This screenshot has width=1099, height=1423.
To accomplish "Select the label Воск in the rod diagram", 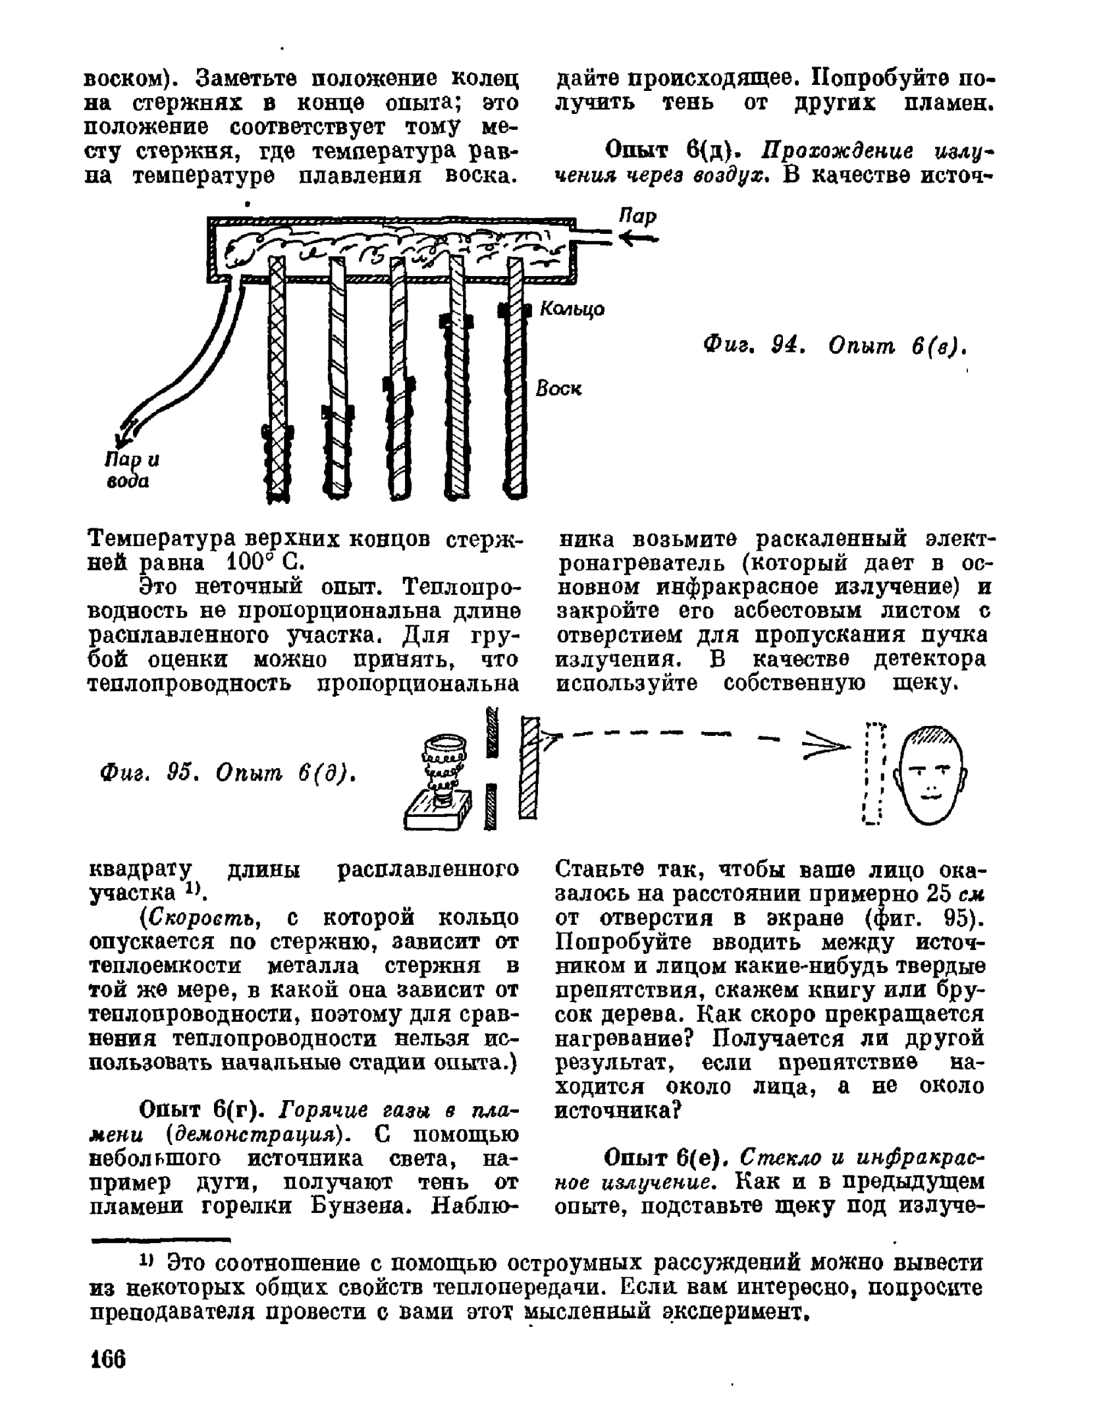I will click(x=558, y=389).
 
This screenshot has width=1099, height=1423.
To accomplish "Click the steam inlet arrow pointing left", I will click(x=637, y=239).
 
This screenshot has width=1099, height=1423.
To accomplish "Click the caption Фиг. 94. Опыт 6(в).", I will click(x=835, y=345).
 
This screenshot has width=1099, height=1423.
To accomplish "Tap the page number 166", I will click(x=108, y=1358).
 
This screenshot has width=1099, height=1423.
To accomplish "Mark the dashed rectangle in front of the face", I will click(x=873, y=772).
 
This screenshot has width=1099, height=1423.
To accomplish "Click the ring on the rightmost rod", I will click(x=514, y=309).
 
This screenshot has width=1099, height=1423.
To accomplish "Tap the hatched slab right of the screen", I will click(x=530, y=767).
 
